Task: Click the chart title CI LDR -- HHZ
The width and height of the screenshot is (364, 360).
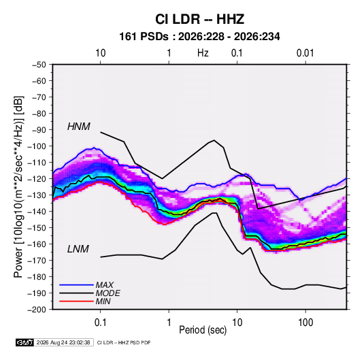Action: pos(199,19)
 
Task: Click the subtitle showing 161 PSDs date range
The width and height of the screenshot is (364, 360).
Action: pos(199,37)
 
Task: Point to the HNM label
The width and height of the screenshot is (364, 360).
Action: pos(79,127)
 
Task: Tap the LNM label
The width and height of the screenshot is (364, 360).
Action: pos(78,249)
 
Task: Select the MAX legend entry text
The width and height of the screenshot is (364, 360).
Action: pos(105,285)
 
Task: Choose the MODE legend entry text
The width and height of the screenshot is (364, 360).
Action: pos(107,293)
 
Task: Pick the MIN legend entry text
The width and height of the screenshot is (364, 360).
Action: pos(103,301)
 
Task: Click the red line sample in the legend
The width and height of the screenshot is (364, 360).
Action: pos(76,301)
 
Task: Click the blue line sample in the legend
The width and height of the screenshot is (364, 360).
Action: pos(76,285)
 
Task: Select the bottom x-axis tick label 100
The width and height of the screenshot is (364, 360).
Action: pos(305,323)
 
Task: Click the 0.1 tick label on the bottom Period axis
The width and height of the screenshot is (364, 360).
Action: pos(100,323)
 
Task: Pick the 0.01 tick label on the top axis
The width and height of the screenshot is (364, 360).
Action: pos(305,53)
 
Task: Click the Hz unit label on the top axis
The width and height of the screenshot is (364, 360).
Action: pos(203,53)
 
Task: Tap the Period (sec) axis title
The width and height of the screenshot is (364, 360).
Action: pos(203,330)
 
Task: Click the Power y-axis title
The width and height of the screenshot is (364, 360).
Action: pos(18,186)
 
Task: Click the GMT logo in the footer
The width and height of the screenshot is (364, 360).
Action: pos(24,342)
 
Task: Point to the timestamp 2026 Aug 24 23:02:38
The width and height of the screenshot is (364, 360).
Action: pos(63,342)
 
